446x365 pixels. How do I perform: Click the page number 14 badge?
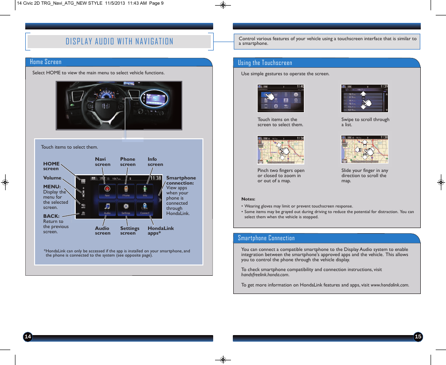[28, 337]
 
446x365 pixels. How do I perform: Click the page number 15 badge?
[418, 337]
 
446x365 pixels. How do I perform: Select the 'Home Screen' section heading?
[45, 62]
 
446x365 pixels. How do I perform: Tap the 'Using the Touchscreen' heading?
[265, 63]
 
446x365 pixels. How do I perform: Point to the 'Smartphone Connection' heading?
[266, 238]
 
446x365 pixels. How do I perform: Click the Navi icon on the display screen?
[107, 190]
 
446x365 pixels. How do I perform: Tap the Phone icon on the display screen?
[126, 190]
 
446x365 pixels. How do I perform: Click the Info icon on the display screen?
[145, 190]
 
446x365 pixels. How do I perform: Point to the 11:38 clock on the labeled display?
[155, 178]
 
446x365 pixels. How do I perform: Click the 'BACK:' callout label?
[51, 216]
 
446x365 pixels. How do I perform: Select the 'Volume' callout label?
[52, 178]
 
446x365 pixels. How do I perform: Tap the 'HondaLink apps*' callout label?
[160, 230]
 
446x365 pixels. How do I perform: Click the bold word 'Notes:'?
[248, 199]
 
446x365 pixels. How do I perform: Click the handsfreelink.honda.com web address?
[265, 275]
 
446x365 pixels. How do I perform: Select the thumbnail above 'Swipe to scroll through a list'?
[365, 99]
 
